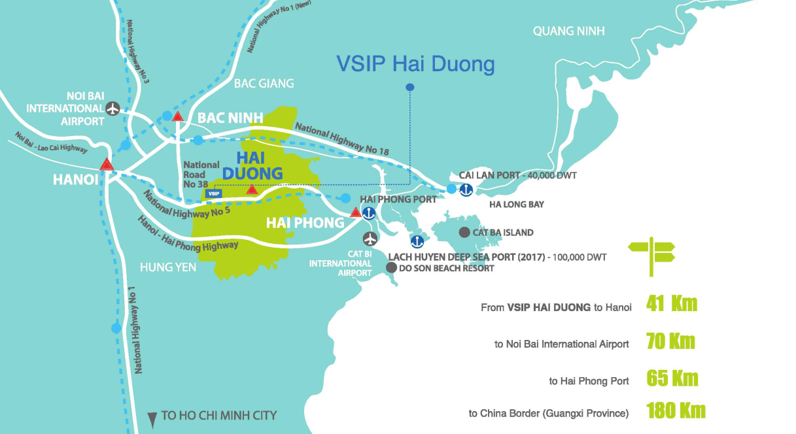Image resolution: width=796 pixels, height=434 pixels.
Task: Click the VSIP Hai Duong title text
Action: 415,64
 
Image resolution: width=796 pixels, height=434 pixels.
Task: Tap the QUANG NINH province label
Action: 568,31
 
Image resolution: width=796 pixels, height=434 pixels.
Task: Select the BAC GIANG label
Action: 264,84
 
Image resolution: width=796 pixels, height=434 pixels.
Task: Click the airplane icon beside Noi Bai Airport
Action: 113,108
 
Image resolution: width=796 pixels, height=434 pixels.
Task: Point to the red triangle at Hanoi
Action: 107,163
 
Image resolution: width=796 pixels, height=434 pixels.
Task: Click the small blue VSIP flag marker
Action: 213,193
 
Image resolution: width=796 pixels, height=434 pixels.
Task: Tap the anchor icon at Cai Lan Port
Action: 466,190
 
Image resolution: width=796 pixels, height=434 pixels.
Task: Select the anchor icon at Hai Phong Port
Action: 368,212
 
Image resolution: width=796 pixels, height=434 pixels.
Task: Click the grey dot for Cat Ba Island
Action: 464,232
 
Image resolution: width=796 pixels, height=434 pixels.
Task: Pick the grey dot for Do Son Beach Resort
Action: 391,267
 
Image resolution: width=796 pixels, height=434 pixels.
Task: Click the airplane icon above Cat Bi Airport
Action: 370,237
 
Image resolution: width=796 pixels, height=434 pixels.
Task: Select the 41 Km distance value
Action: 671,304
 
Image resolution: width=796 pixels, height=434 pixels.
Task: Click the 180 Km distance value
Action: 676,410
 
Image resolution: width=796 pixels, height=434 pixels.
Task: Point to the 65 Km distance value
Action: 672,378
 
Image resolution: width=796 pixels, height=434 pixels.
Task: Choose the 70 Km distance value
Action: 670,341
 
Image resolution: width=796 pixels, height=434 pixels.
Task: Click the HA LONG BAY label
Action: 517,205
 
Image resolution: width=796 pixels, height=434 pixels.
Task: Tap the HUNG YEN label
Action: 167,267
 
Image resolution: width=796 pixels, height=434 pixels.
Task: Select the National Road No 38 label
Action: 201,175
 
